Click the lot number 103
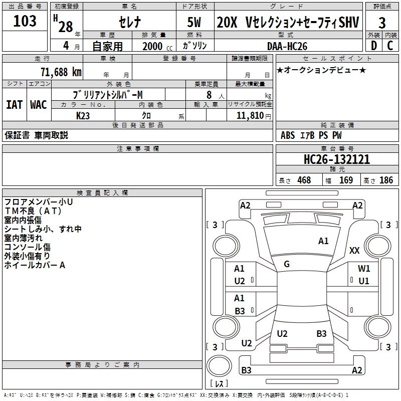click(x=25, y=22)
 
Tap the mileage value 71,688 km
click(x=61, y=72)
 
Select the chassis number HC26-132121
click(x=337, y=159)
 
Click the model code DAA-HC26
click(x=287, y=46)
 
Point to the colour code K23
click(x=83, y=115)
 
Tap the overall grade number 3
click(x=382, y=23)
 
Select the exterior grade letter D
click(x=373, y=45)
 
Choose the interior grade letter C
click(x=390, y=45)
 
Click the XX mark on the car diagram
click(x=354, y=251)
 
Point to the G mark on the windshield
click(x=287, y=264)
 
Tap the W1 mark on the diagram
click(x=364, y=269)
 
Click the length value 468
click(x=304, y=180)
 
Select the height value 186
click(x=386, y=180)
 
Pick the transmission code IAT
click(x=14, y=105)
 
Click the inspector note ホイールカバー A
click(x=35, y=265)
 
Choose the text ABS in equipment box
click(x=288, y=135)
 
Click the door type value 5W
click(x=195, y=23)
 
